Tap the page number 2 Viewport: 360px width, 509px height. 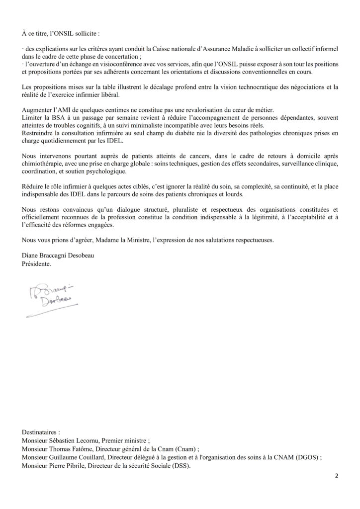coord(337,476)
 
